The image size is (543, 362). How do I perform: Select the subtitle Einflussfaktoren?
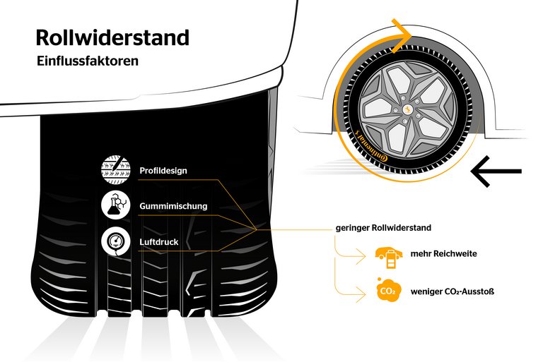(88, 61)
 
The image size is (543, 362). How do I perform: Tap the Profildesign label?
(163, 170)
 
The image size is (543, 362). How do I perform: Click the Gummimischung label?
(173, 206)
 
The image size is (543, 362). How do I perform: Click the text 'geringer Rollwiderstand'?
(383, 229)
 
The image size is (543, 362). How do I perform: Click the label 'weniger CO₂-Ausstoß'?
(452, 290)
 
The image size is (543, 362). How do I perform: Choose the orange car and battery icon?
(387, 257)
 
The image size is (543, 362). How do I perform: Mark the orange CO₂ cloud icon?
(387, 290)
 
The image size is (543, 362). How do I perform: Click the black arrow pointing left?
(496, 171)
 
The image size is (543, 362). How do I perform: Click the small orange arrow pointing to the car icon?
(361, 258)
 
